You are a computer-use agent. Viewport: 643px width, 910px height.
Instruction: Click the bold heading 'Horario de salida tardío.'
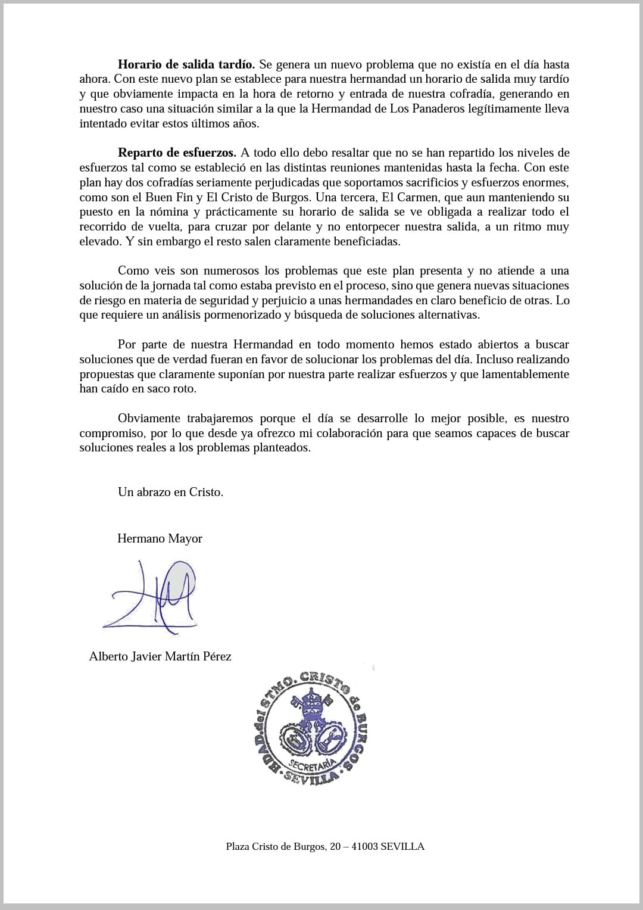(186, 64)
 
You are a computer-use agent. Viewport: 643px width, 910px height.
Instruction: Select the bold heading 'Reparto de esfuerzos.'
(177, 152)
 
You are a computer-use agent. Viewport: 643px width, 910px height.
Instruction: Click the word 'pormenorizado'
(243, 315)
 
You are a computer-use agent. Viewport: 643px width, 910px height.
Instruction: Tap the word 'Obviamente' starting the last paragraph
(151, 418)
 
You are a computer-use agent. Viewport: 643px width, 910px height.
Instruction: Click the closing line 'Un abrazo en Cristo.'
(170, 492)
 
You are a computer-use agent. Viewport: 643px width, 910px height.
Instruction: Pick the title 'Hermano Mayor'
(160, 538)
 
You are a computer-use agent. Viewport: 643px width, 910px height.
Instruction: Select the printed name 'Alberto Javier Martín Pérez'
(160, 656)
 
